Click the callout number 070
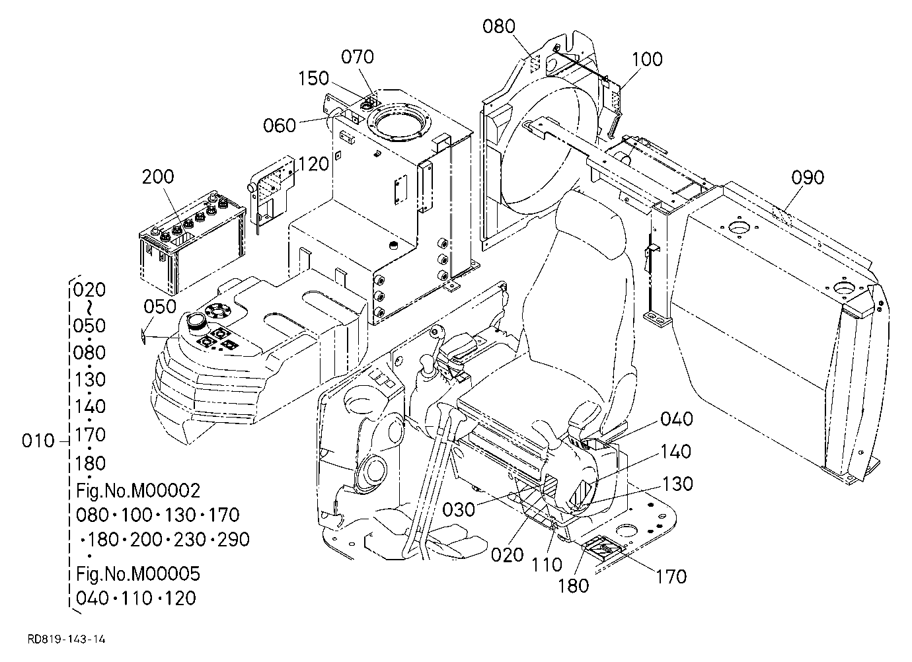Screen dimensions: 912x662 point(357,57)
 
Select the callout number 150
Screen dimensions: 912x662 point(313,78)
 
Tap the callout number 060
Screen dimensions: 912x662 point(280,126)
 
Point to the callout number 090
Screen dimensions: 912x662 point(808,178)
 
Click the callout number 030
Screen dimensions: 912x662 point(459,510)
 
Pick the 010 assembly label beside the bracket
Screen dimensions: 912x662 point(38,441)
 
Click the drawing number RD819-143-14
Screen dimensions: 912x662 point(66,640)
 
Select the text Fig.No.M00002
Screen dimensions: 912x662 point(138,491)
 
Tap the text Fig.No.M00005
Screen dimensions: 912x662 point(138,573)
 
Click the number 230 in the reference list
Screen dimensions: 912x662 point(190,540)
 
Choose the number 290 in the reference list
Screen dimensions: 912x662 point(234,540)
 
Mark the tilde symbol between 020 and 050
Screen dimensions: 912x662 point(89,307)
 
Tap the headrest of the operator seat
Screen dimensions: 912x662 point(590,227)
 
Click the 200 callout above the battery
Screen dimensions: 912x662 point(157,176)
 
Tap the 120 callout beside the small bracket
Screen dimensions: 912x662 point(313,164)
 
